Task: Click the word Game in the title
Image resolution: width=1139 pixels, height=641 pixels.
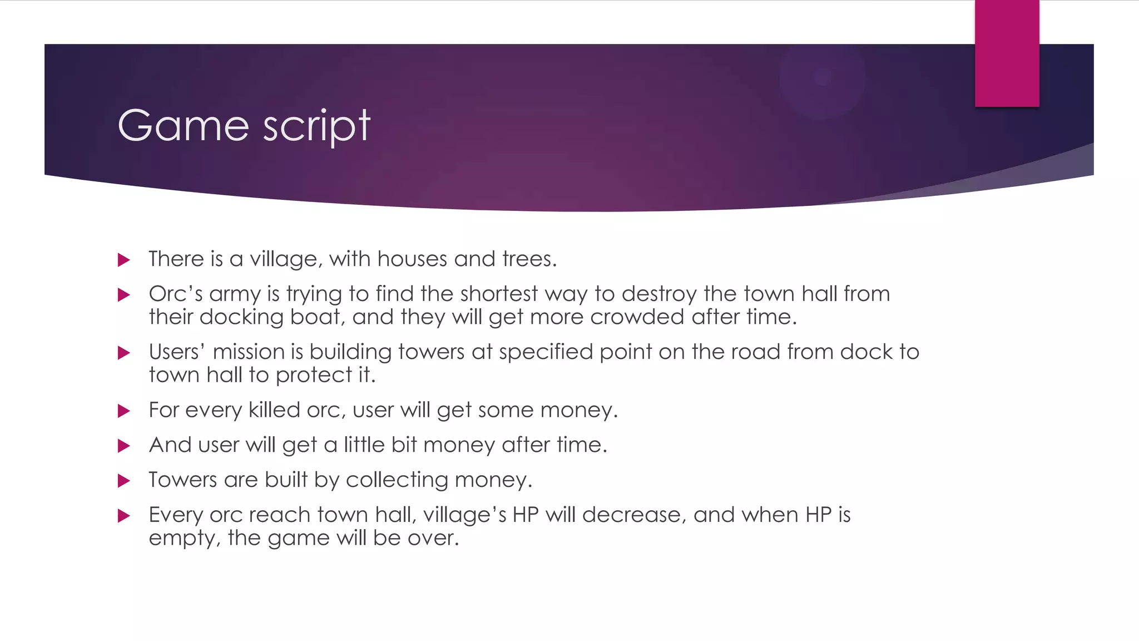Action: (x=183, y=125)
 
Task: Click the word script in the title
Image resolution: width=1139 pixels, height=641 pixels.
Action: (x=316, y=126)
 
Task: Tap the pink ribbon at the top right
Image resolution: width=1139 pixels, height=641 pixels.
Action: (x=1007, y=53)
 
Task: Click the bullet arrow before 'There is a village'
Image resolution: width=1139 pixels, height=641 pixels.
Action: (x=124, y=260)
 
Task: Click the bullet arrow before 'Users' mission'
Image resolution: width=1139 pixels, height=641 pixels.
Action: (x=124, y=353)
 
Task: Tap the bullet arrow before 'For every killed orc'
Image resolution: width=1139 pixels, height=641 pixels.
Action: (x=124, y=411)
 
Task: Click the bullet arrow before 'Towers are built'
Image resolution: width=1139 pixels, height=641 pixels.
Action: (x=124, y=481)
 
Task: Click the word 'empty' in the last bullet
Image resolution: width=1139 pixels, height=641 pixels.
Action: (x=184, y=539)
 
